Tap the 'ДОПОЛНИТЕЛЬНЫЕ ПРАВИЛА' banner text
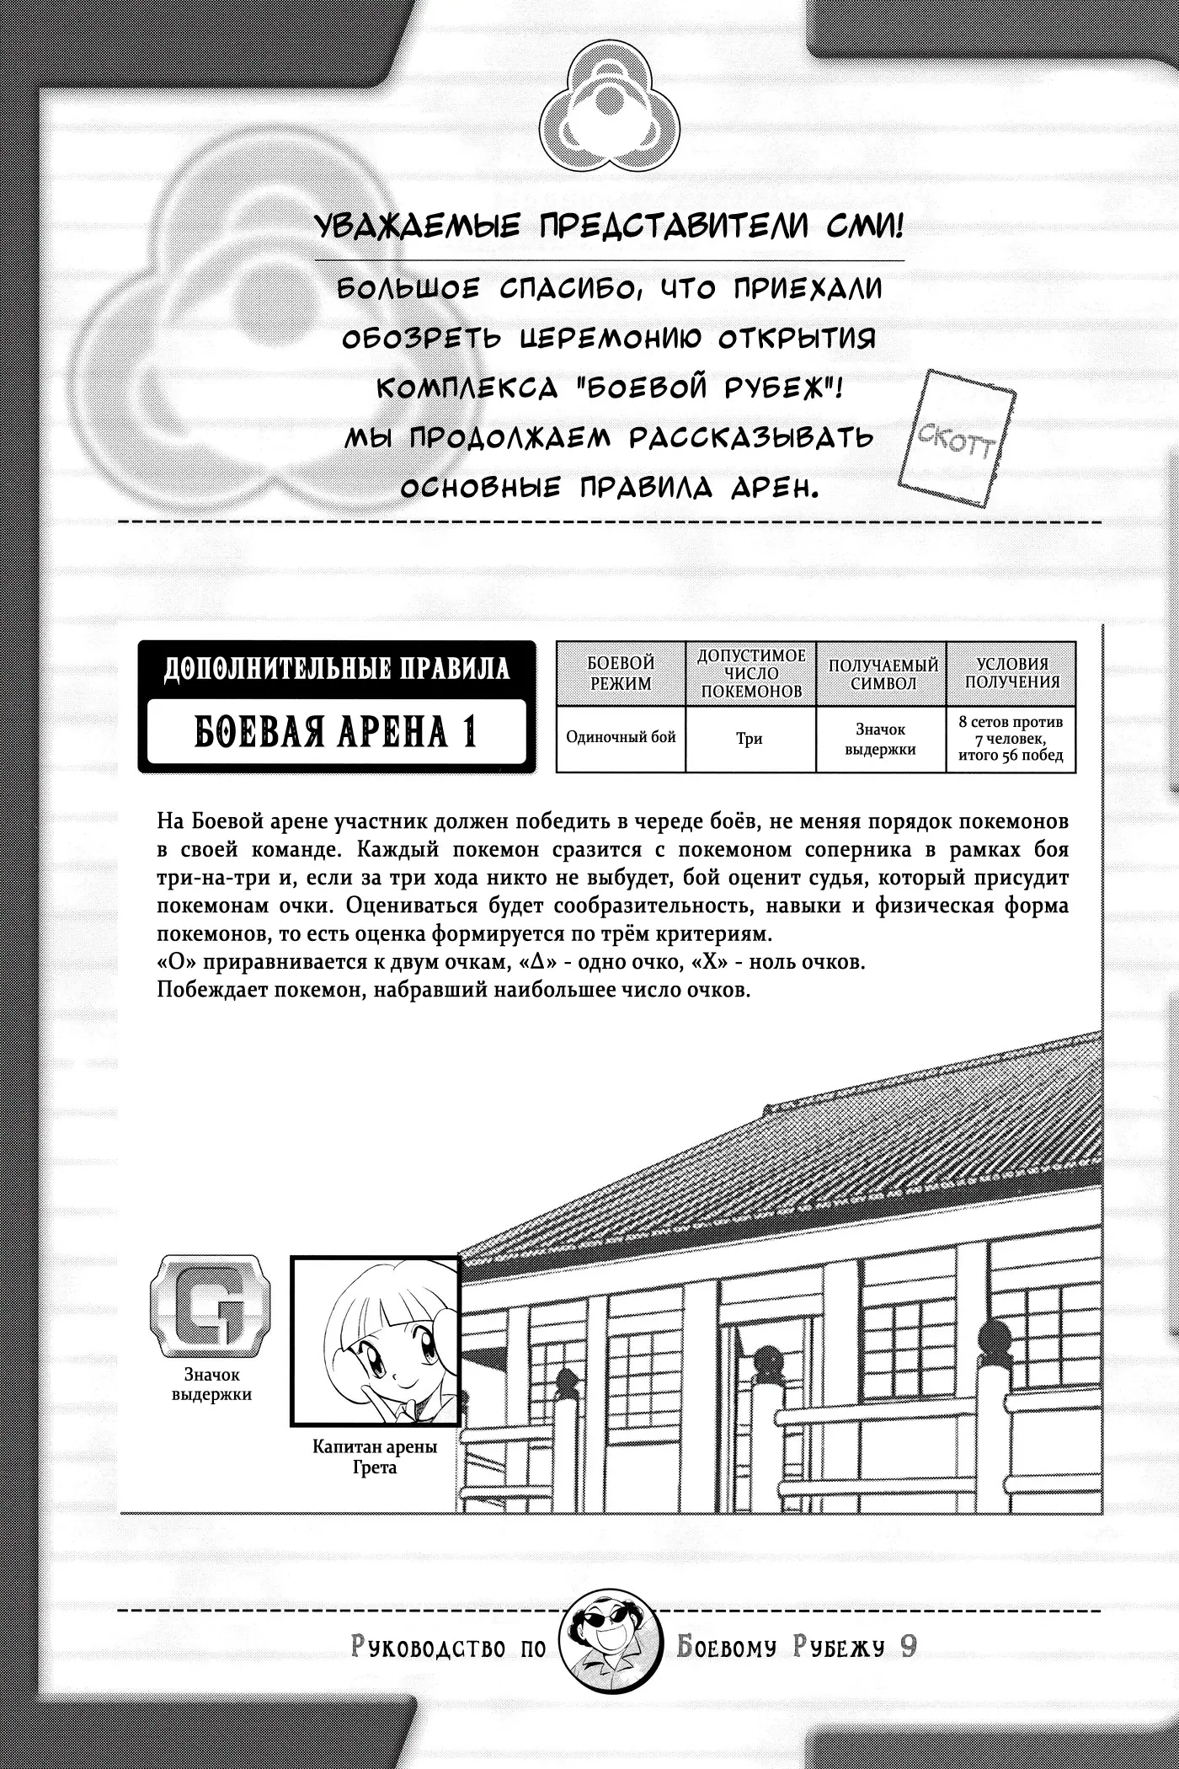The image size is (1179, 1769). tap(336, 669)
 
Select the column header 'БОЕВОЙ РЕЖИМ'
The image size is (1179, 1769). tap(621, 674)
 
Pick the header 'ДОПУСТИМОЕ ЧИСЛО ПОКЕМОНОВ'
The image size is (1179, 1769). tap(750, 674)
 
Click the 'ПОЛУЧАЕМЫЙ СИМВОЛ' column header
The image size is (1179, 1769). tap(882, 674)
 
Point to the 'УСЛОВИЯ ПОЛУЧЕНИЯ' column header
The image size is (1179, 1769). tap(1011, 674)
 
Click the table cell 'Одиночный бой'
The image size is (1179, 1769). tap(621, 738)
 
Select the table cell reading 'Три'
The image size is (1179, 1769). tap(750, 739)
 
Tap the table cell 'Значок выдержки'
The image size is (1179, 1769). tap(881, 739)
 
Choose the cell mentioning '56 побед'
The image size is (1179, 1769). tap(1011, 739)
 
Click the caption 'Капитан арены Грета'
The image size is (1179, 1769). tap(375, 1457)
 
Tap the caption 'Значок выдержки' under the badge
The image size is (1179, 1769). tap(211, 1385)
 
